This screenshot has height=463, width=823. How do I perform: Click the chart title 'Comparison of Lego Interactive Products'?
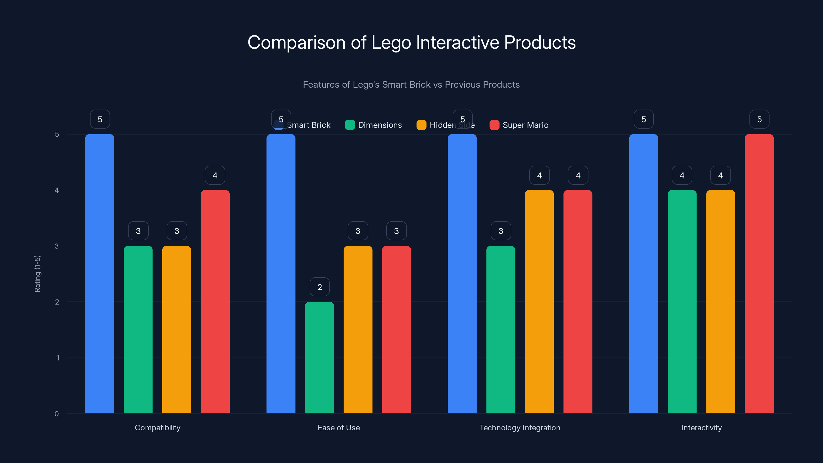[x=411, y=42]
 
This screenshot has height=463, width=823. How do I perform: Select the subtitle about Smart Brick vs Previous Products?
[x=411, y=85]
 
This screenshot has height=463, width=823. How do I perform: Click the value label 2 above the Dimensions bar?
[x=319, y=287]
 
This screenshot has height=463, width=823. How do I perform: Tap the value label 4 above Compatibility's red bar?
[x=215, y=175]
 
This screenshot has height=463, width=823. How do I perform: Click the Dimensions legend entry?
[x=373, y=125]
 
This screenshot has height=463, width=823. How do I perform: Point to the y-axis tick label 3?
[x=57, y=246]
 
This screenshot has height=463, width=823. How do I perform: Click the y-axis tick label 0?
[x=57, y=414]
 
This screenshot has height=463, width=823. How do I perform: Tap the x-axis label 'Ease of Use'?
[x=339, y=428]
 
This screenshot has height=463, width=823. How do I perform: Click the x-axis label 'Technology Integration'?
[x=520, y=428]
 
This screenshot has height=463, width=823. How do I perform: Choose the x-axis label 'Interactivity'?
[x=701, y=428]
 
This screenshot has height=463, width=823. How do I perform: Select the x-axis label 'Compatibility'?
[x=157, y=428]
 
